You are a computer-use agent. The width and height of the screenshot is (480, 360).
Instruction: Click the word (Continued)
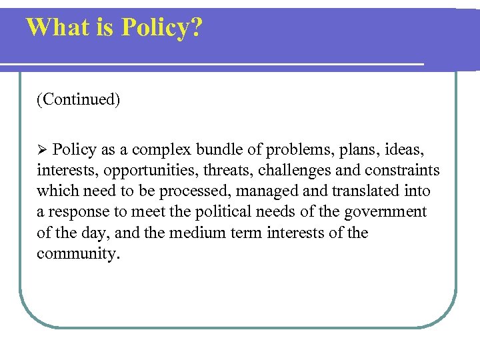click(79, 100)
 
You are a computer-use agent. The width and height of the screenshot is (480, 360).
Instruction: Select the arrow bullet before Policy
click(42, 149)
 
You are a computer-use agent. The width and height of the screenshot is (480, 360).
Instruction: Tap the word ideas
click(407, 149)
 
